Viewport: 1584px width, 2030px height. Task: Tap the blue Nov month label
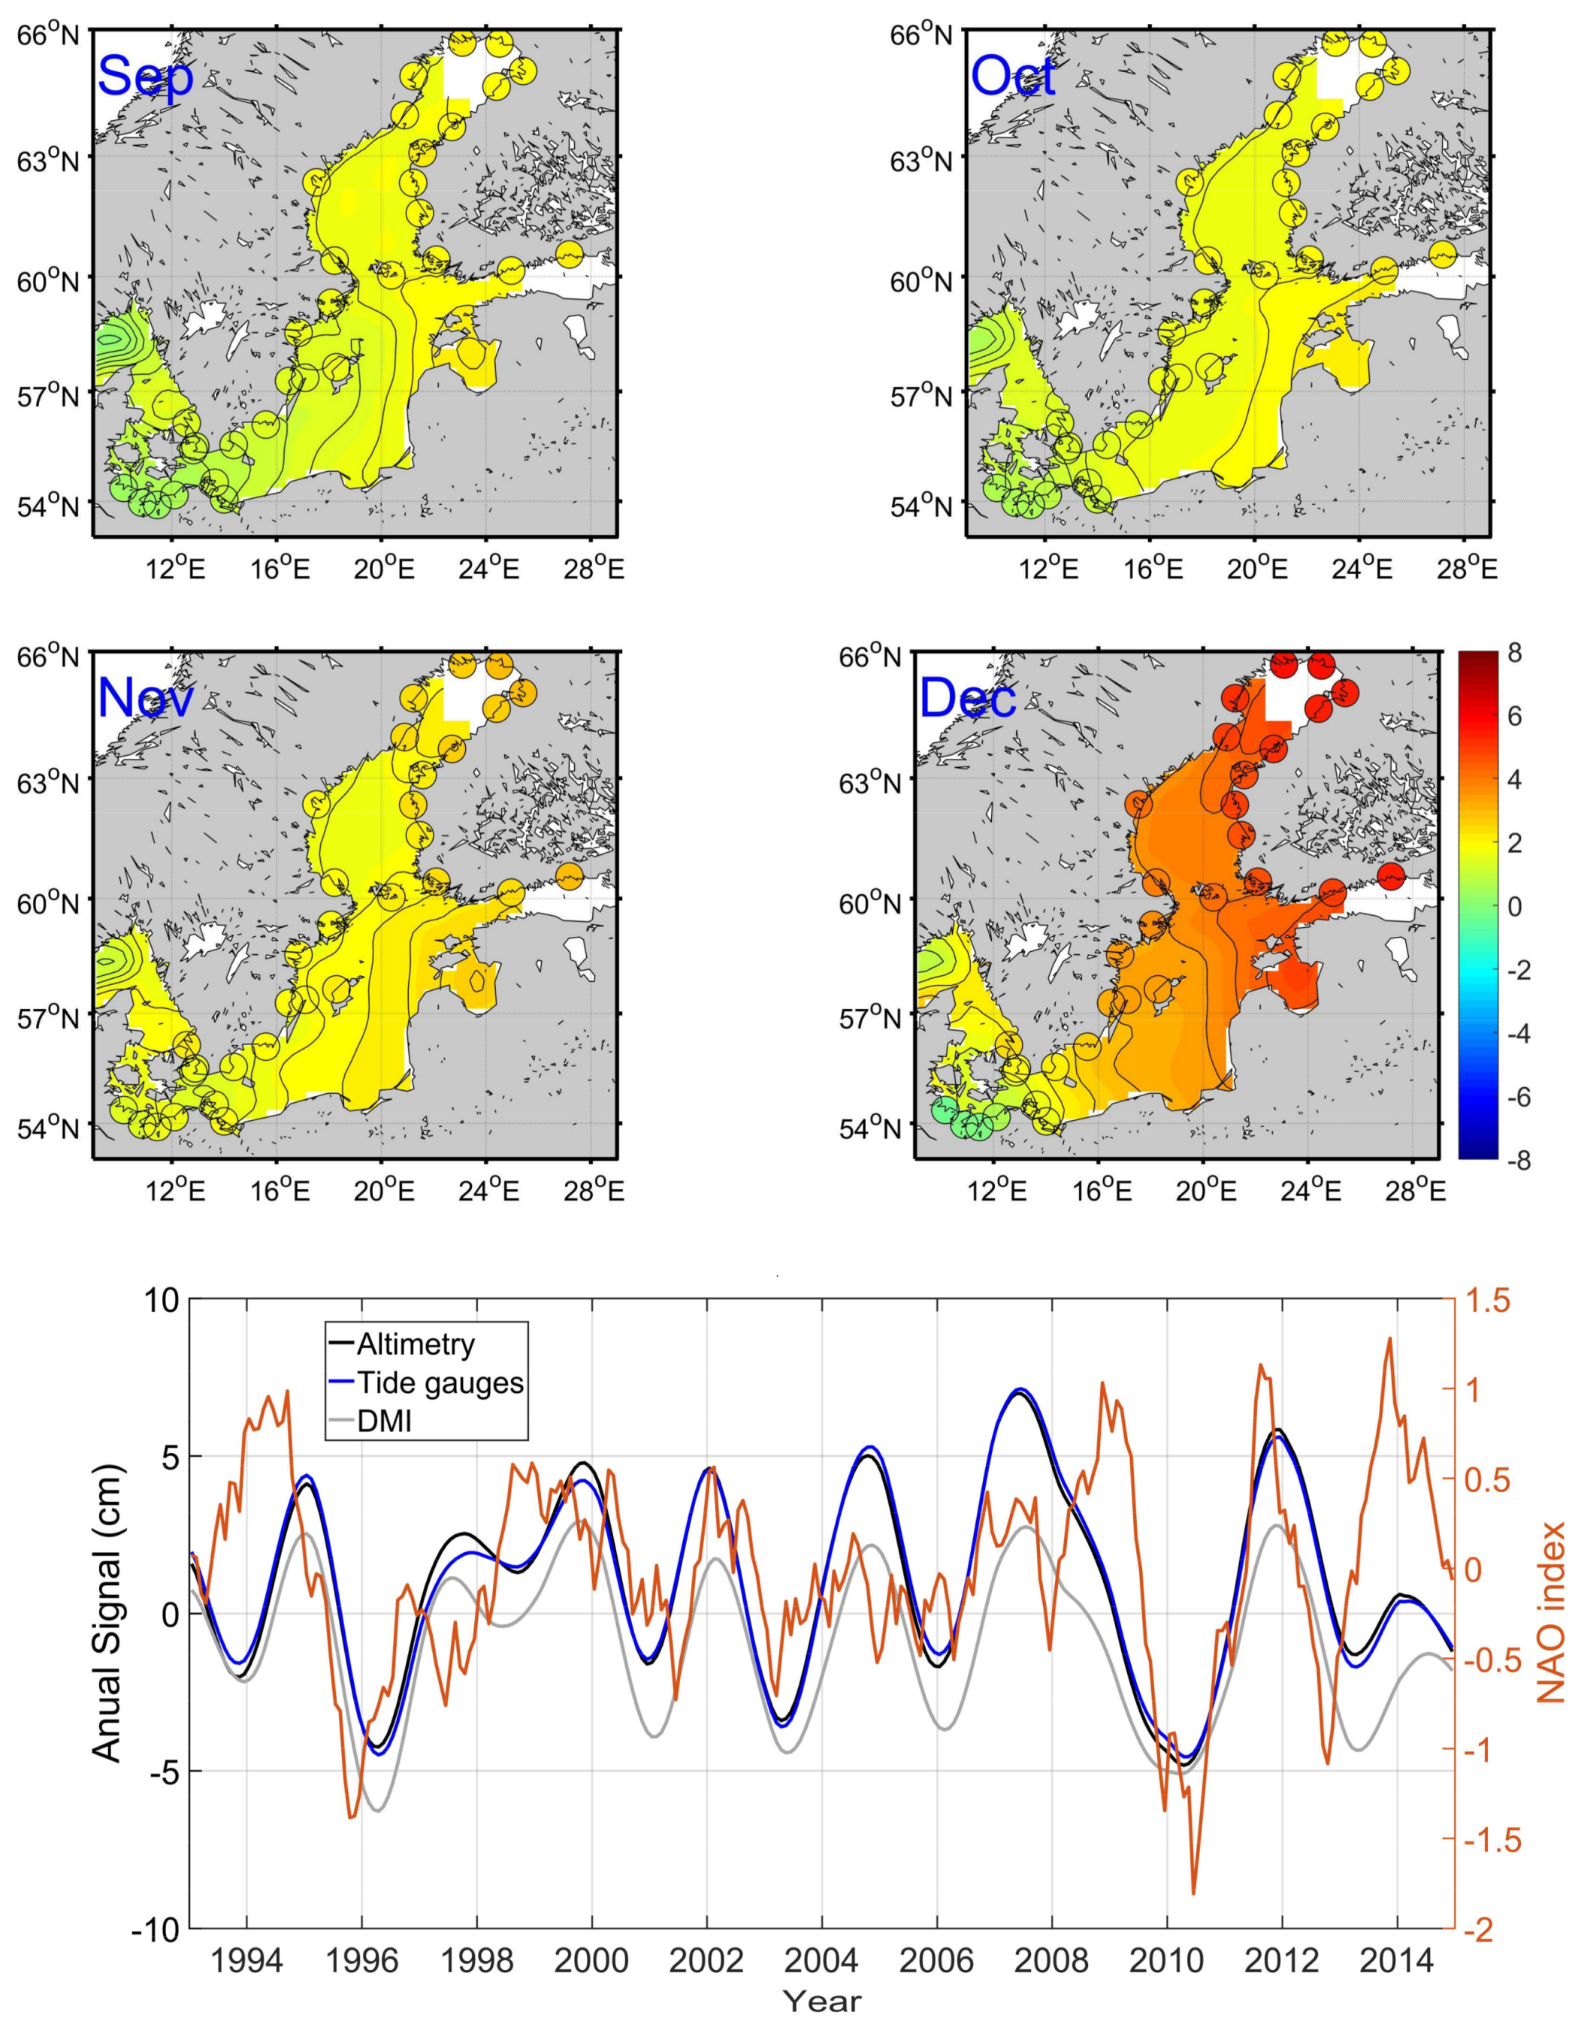pos(145,697)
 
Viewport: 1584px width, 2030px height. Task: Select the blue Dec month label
pos(967,697)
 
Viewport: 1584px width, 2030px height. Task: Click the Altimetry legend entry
pos(416,1344)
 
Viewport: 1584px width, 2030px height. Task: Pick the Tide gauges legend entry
pos(440,1383)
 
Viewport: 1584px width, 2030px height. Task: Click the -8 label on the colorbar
pos(1509,1160)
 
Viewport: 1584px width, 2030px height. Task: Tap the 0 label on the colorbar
pos(1514,906)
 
